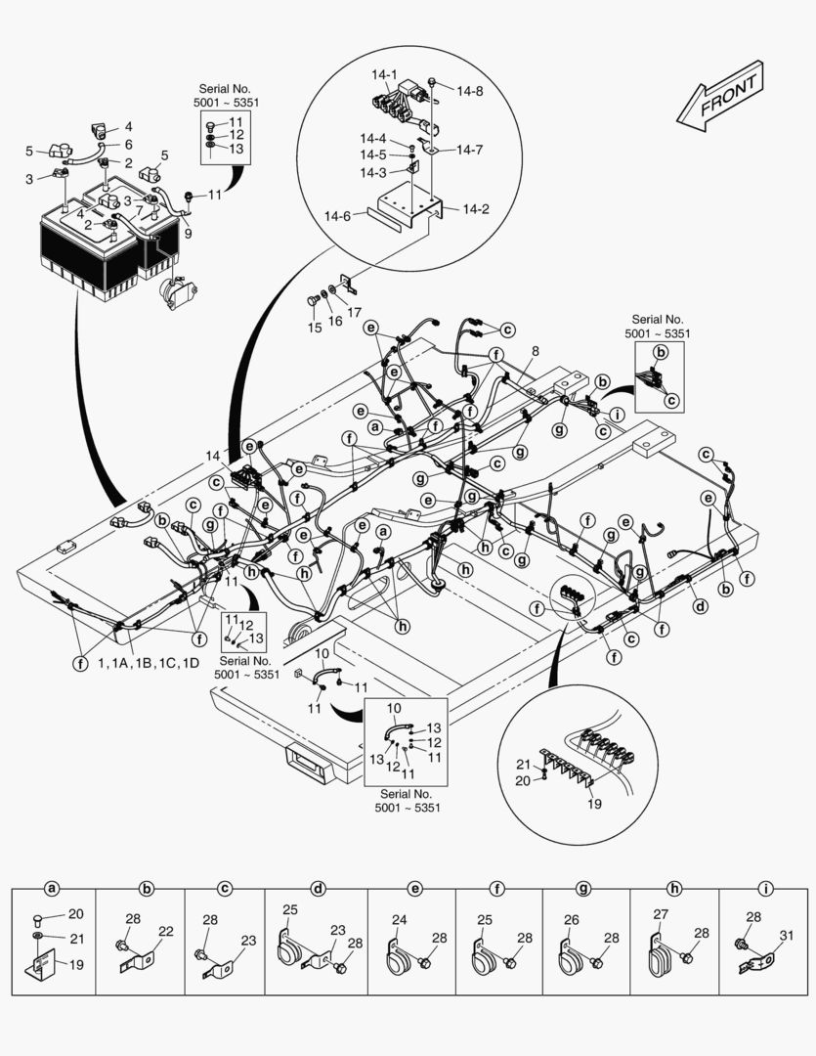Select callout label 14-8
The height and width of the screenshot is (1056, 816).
click(469, 91)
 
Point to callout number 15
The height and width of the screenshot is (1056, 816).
click(315, 329)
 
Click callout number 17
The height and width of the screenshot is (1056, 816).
click(354, 313)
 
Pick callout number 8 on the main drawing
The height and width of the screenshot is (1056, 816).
click(535, 350)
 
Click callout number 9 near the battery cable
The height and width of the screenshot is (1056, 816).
click(187, 234)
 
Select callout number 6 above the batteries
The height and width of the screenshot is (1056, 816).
click(128, 144)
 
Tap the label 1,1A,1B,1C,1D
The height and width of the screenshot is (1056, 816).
click(148, 664)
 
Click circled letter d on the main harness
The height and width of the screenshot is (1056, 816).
click(699, 605)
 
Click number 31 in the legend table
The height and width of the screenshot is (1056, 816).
click(788, 935)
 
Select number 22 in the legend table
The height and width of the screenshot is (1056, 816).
click(166, 931)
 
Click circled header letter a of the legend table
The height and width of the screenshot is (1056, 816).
click(53, 889)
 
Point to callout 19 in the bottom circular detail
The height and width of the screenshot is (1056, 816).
click(595, 804)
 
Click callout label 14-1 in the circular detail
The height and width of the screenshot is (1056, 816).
click(383, 73)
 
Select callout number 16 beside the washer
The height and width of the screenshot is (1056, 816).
click(335, 321)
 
